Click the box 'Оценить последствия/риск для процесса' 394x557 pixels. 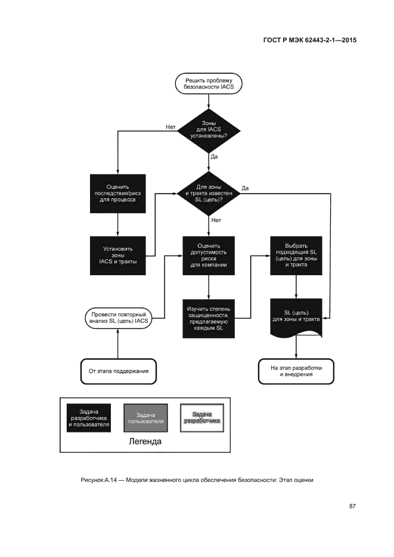(x=117, y=194)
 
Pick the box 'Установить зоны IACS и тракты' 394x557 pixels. (x=117, y=256)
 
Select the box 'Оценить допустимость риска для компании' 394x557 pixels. (x=209, y=256)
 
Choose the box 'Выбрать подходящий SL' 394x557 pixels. (x=296, y=256)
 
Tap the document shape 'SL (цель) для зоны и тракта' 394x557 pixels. (x=296, y=316)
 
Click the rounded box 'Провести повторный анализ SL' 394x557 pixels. (x=117, y=317)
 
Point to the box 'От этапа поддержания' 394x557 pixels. (x=118, y=371)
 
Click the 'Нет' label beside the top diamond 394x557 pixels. (x=170, y=126)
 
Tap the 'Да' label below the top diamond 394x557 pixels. (x=215, y=157)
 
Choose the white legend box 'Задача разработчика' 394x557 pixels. (x=203, y=418)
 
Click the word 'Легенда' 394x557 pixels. (x=145, y=442)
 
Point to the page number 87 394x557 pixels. (x=352, y=506)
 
